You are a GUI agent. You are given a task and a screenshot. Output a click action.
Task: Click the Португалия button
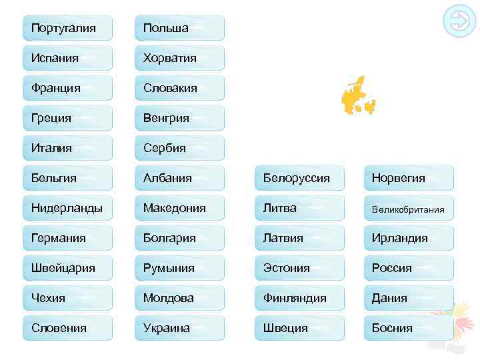click(67, 28)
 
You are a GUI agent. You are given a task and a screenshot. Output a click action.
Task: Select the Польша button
click(179, 28)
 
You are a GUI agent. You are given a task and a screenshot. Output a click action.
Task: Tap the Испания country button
click(67, 58)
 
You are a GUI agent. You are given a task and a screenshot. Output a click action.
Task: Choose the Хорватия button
click(179, 58)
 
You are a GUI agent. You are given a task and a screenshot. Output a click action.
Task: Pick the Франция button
click(67, 88)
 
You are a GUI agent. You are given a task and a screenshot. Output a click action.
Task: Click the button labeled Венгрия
click(179, 118)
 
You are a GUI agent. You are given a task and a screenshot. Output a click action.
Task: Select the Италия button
click(67, 148)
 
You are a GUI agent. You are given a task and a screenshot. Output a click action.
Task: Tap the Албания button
click(179, 178)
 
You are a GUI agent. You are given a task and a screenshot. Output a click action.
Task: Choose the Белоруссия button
click(299, 178)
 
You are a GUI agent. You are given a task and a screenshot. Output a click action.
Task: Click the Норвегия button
click(409, 178)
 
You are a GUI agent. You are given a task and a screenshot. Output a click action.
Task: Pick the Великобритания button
click(409, 209)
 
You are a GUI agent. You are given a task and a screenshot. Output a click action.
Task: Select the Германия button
click(67, 238)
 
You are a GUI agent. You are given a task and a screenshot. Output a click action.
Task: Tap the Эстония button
click(299, 268)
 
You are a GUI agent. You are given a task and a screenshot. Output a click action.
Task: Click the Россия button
click(409, 268)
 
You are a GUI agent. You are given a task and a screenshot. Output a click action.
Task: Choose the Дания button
click(409, 298)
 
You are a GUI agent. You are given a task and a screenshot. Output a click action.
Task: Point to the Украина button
click(179, 328)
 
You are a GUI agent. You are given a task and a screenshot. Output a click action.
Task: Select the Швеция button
click(299, 328)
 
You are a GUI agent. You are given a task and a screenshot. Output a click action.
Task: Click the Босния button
click(409, 328)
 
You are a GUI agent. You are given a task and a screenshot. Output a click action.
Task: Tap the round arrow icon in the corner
click(459, 22)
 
